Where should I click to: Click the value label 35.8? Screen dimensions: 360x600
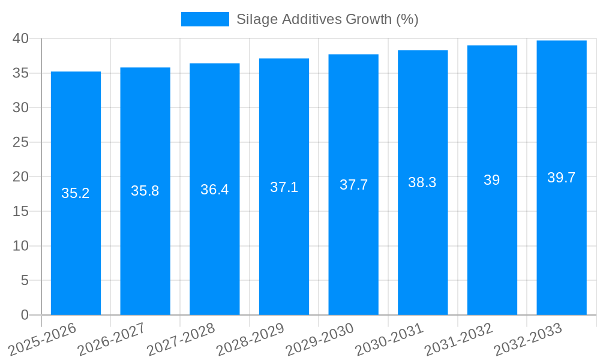pyautogui.click(x=145, y=191)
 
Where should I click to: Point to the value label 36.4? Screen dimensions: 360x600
pyautogui.click(x=214, y=190)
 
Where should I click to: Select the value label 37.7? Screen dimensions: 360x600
pyautogui.click(x=353, y=185)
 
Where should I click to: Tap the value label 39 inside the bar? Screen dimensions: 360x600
pyautogui.click(x=492, y=180)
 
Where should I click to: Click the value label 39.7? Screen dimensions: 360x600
pyautogui.click(x=562, y=178)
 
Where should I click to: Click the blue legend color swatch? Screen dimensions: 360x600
pyautogui.click(x=205, y=19)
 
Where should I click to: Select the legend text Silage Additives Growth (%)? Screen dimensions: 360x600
pyautogui.click(x=327, y=19)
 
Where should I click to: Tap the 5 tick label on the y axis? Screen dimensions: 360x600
pyautogui.click(x=25, y=280)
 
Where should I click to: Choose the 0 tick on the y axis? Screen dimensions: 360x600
pyautogui.click(x=25, y=315)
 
